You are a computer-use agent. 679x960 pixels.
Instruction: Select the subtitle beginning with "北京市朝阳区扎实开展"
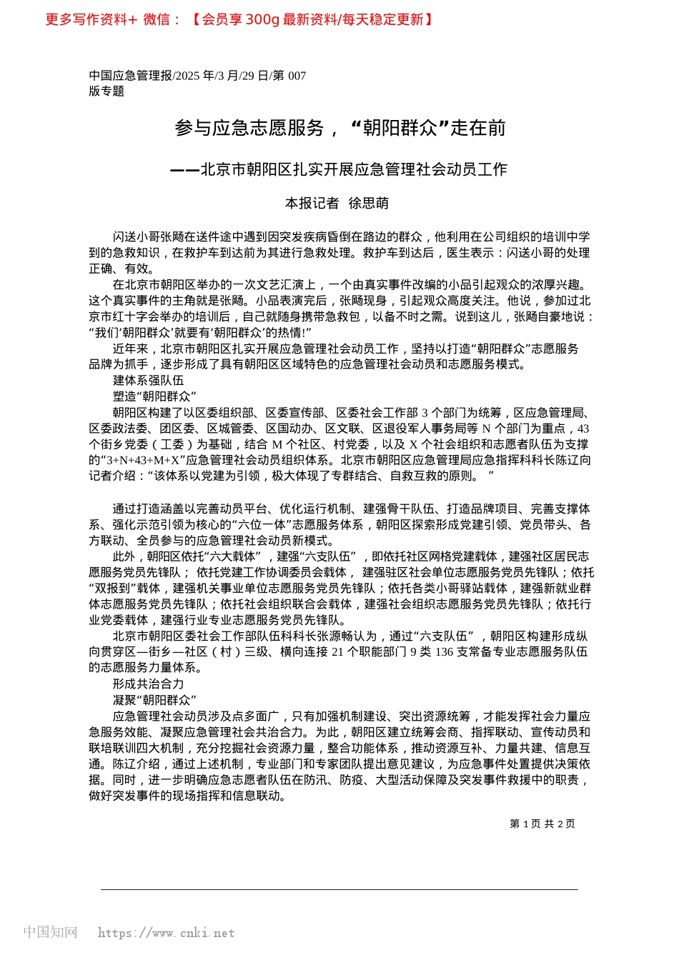click(x=353, y=169)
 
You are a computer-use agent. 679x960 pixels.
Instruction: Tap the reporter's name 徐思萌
click(x=369, y=204)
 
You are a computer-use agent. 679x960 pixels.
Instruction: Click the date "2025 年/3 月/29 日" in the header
click(x=221, y=76)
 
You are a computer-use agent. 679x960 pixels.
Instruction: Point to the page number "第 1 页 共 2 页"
click(x=542, y=824)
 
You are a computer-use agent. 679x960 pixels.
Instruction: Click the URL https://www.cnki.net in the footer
click(x=166, y=933)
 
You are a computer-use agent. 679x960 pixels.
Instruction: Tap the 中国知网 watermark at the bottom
click(x=50, y=932)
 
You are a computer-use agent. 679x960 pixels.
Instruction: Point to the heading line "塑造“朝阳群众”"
click(x=154, y=396)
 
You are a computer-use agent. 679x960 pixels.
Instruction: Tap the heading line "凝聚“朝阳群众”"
click(x=154, y=700)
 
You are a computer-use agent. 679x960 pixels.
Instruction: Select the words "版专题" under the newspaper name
click(x=106, y=91)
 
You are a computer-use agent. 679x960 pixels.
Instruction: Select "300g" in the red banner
click(x=262, y=19)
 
